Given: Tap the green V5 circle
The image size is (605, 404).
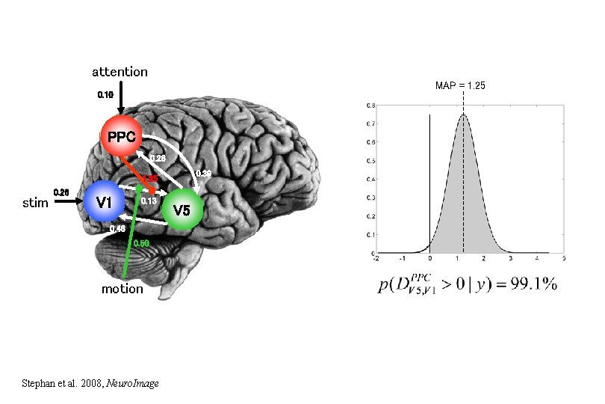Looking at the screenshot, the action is (x=181, y=210).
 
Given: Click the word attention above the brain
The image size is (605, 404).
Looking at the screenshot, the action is (x=120, y=72).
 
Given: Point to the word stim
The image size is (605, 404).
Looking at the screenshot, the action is (x=36, y=202).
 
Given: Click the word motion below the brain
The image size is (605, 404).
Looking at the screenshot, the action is (x=122, y=289).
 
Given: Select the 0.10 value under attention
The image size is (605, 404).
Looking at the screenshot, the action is (x=105, y=95).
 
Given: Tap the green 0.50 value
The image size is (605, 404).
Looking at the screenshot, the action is (x=141, y=243).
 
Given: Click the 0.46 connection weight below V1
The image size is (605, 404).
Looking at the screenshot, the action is (x=117, y=229).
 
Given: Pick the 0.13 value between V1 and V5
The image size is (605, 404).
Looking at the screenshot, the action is (x=148, y=201).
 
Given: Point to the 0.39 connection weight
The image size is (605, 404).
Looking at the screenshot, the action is (x=202, y=174).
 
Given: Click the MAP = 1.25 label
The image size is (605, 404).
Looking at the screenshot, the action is (x=460, y=86).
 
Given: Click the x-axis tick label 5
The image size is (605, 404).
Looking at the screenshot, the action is (x=563, y=259).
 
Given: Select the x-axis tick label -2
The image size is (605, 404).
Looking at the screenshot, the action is (x=376, y=259).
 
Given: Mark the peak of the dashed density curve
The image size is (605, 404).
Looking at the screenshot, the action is (x=463, y=114).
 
